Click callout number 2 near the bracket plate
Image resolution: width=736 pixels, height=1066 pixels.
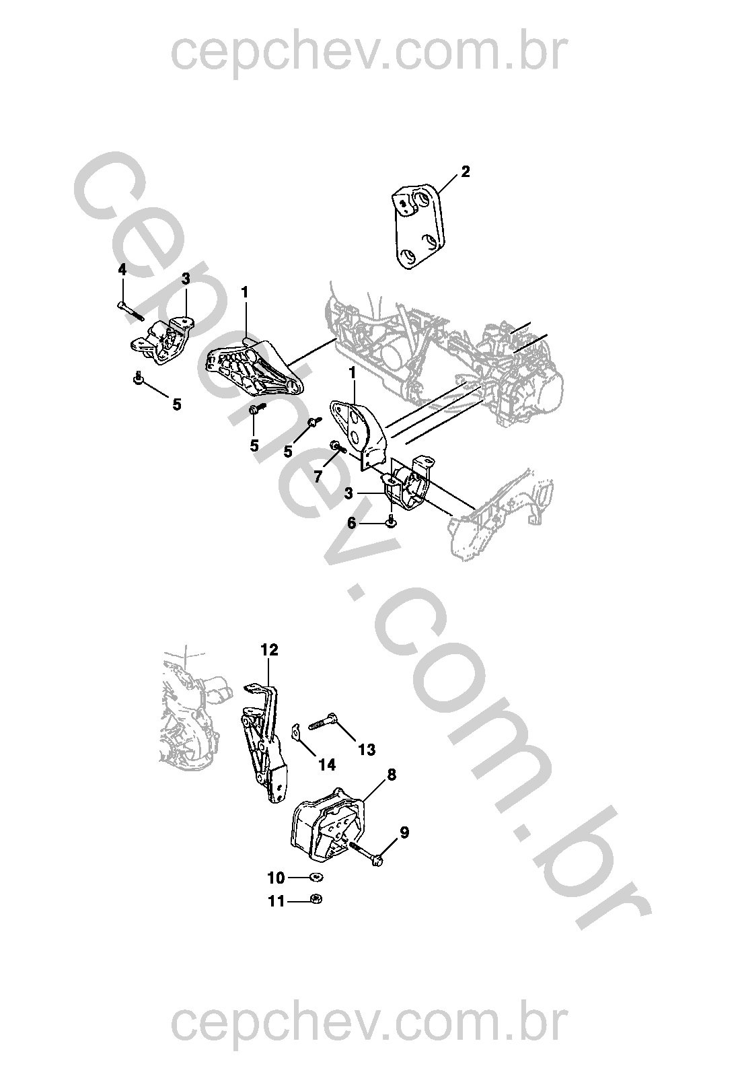[465, 172]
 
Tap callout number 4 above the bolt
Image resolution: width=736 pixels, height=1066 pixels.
[122, 271]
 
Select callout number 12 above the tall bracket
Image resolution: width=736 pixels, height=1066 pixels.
[269, 649]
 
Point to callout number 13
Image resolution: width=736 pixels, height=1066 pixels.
[367, 750]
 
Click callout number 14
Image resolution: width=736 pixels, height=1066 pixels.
[327, 765]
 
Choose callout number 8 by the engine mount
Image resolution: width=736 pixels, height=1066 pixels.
[391, 775]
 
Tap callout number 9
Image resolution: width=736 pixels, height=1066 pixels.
[404, 832]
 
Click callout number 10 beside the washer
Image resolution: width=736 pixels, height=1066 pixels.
[277, 878]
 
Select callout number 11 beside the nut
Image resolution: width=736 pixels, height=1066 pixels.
[277, 901]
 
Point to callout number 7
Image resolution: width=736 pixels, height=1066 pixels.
[318, 475]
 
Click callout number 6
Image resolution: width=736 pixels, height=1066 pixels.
[352, 524]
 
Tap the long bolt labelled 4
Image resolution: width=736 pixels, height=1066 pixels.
[131, 312]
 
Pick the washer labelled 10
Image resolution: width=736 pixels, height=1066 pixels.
[316, 877]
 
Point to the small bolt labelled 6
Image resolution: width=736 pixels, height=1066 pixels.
[390, 521]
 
